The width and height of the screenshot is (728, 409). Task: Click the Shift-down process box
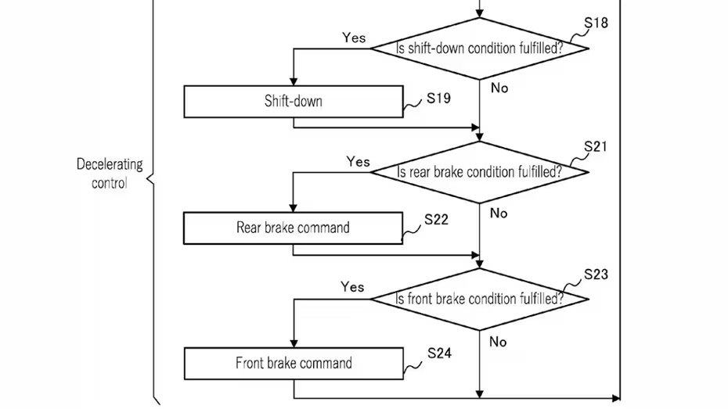tap(294, 102)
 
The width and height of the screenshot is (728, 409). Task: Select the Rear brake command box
tap(293, 228)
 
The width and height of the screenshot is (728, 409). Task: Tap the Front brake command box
tap(294, 364)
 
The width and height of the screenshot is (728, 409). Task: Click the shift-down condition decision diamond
tap(480, 48)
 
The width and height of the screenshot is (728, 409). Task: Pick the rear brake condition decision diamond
tap(480, 173)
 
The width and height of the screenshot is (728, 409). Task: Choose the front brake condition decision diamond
tap(480, 299)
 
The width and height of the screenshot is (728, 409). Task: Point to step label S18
tap(596, 23)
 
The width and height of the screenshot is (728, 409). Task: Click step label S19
tap(438, 99)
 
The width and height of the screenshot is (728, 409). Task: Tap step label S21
tap(595, 146)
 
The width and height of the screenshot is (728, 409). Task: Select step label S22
tap(437, 219)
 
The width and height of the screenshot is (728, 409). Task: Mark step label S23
tap(596, 274)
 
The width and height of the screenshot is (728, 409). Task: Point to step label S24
tap(439, 353)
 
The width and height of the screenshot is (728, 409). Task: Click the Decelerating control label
tap(110, 174)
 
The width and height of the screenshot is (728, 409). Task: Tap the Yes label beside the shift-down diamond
tap(354, 38)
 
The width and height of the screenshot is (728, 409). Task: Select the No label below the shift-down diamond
tap(499, 88)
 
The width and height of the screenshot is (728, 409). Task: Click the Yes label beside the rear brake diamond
tap(358, 161)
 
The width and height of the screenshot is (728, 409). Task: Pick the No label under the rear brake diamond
tap(499, 213)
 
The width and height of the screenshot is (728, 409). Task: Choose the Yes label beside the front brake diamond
tap(352, 286)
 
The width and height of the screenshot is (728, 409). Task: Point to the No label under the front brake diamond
tap(498, 342)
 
